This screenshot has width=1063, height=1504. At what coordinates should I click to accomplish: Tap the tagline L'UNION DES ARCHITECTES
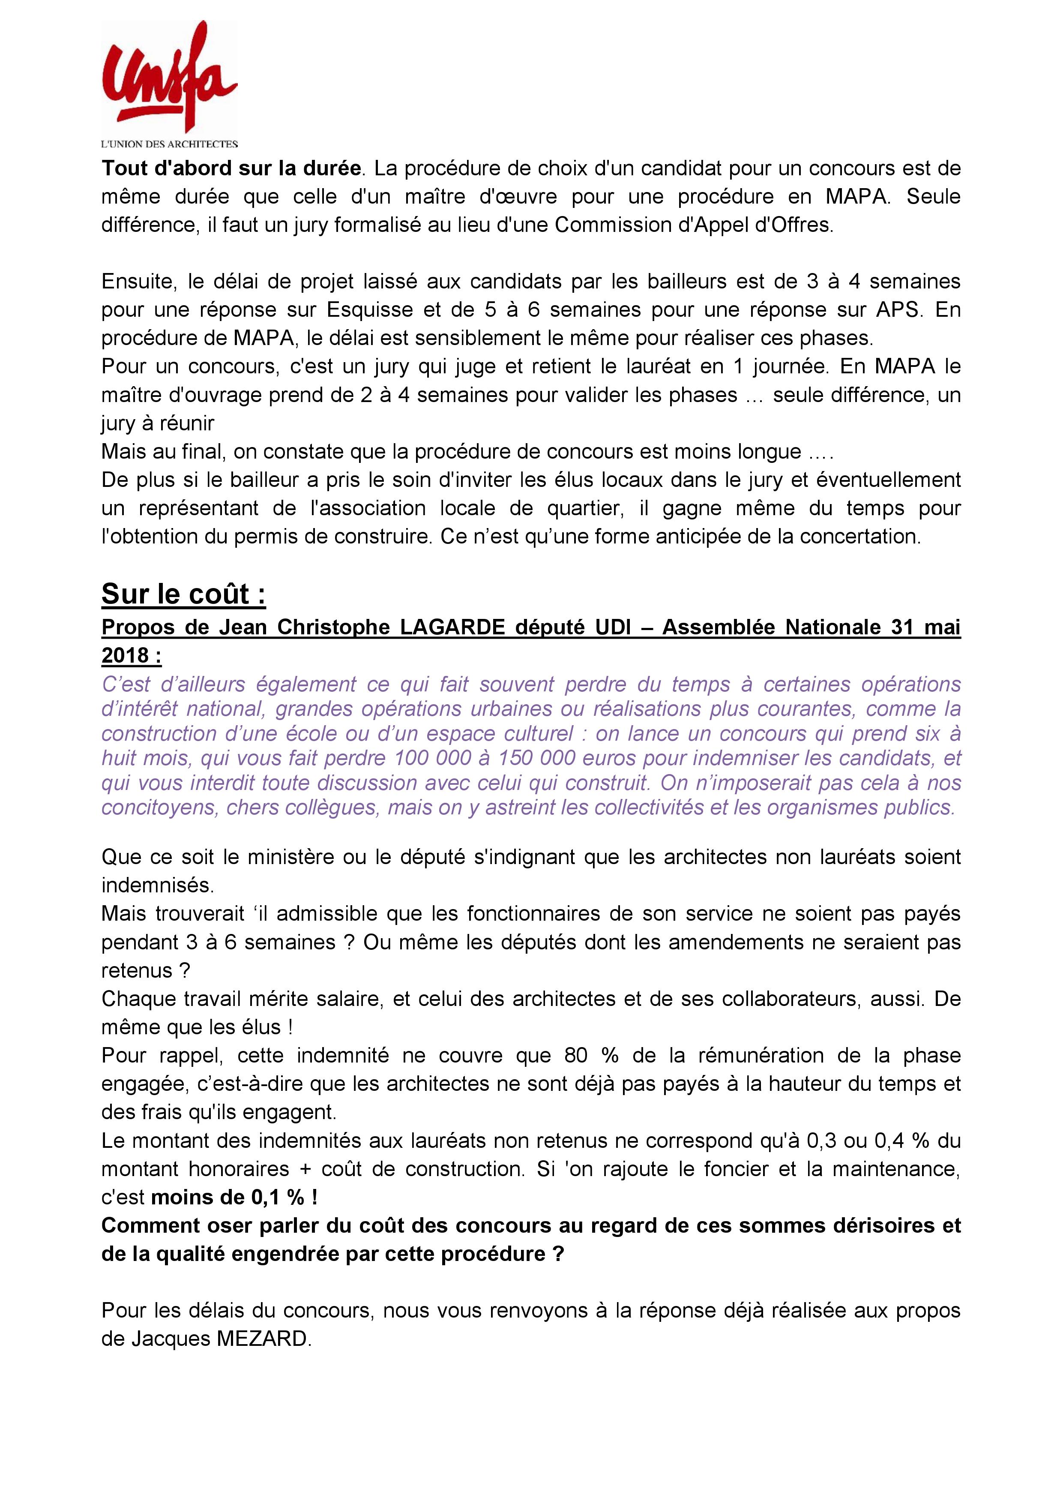[169, 144]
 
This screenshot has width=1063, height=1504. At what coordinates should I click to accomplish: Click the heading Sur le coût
[183, 594]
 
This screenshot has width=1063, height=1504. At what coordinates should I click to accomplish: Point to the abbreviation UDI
[615, 627]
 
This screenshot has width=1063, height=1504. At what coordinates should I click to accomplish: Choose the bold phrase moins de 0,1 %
[234, 1198]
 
